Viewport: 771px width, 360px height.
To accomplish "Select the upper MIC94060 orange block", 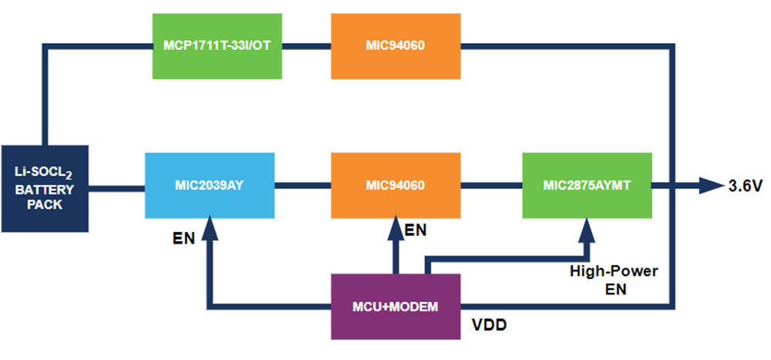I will click(x=395, y=45).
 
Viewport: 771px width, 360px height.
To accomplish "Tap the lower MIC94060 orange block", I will click(x=395, y=185).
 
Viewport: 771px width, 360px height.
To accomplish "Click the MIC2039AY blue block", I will click(x=210, y=185).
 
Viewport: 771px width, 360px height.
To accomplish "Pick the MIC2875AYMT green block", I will click(x=587, y=185).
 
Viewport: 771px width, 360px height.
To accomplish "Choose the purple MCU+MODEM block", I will click(x=395, y=306).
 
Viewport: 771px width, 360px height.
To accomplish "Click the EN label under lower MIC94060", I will click(x=416, y=230).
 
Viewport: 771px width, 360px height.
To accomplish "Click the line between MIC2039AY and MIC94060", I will click(x=303, y=185).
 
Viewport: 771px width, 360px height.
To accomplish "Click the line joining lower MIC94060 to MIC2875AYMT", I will click(x=490, y=185).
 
